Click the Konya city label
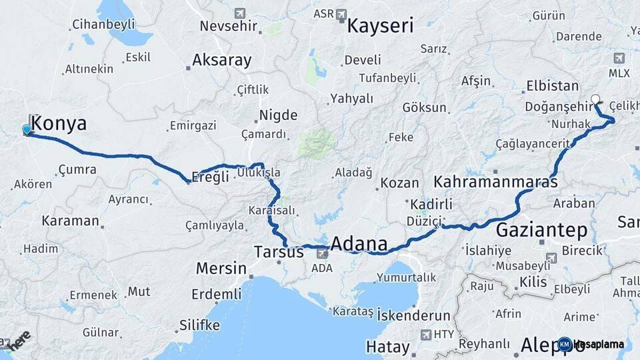(x=59, y=123)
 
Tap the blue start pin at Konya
(x=27, y=129)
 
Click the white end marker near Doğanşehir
(x=595, y=99)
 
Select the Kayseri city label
(x=380, y=26)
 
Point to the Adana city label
(x=359, y=243)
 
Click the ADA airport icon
(x=322, y=253)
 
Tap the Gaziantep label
(x=541, y=231)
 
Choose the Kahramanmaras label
(x=495, y=182)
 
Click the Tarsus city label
(x=279, y=252)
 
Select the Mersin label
(x=221, y=268)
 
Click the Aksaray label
(x=222, y=60)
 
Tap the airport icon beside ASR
(x=341, y=13)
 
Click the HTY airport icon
(x=425, y=334)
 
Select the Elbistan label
(x=552, y=86)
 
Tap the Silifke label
(x=199, y=325)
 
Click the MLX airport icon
(x=619, y=57)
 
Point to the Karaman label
(x=70, y=220)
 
